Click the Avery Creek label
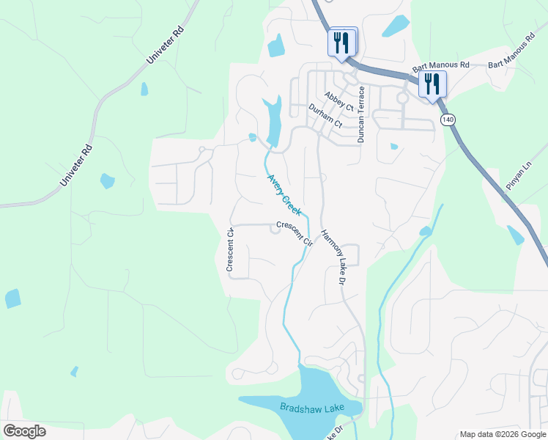(x=284, y=194)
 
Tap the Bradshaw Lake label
(x=300, y=406)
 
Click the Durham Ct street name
(x=325, y=116)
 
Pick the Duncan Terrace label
(x=361, y=114)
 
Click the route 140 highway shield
(x=446, y=118)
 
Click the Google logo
(x=24, y=431)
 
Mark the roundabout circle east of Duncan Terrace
(x=402, y=98)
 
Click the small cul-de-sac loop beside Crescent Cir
(x=275, y=230)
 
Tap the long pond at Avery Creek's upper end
(x=273, y=121)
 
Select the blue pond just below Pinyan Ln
(x=515, y=234)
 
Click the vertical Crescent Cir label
(x=230, y=250)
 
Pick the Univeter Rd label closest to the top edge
(x=166, y=46)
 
